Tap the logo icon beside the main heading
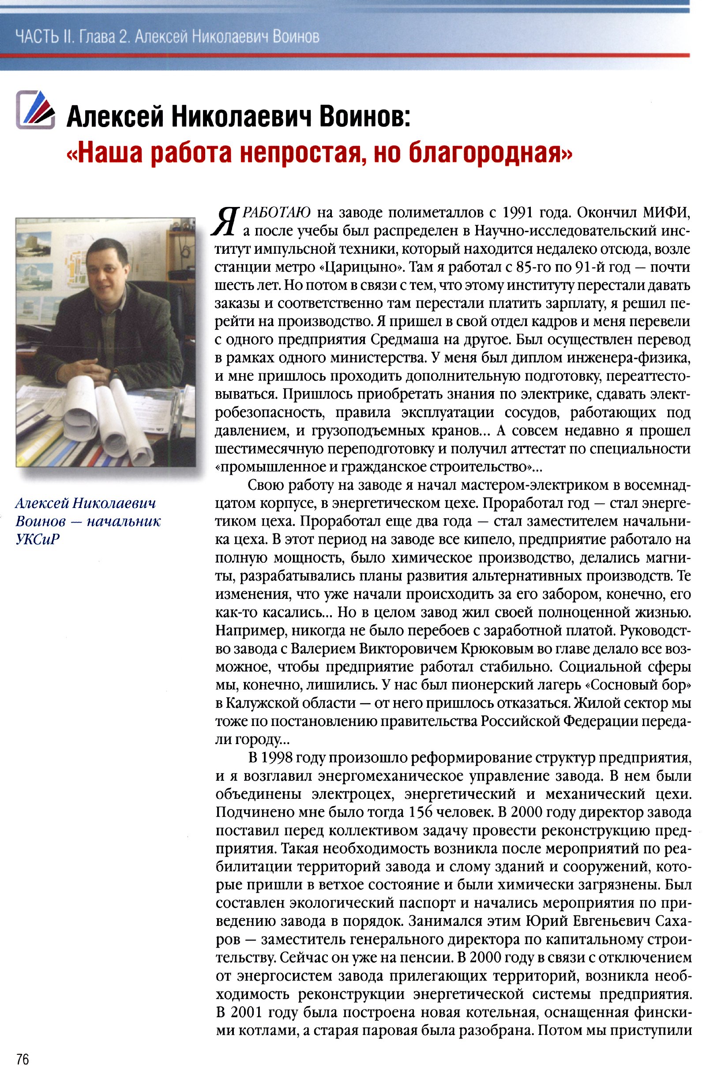pyautogui.click(x=36, y=109)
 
